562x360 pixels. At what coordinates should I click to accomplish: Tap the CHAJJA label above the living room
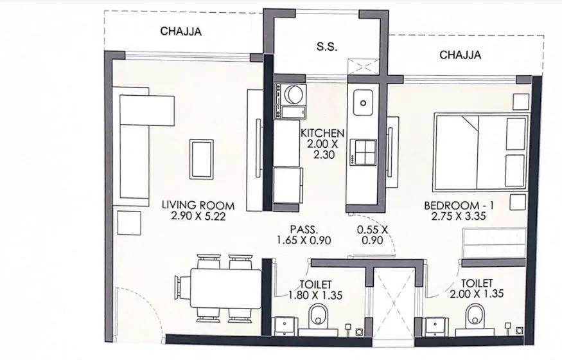pos(180,31)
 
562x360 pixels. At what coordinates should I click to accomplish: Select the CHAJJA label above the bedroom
pos(460,55)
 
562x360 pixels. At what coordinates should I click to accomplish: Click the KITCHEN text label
pos(323,133)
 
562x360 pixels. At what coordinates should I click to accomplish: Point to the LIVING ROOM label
pos(198,206)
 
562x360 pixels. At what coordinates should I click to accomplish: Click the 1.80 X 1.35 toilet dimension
pos(315,294)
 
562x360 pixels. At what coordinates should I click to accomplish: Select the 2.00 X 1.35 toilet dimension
pos(477,294)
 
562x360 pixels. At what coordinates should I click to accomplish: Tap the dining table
pos(219,288)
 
